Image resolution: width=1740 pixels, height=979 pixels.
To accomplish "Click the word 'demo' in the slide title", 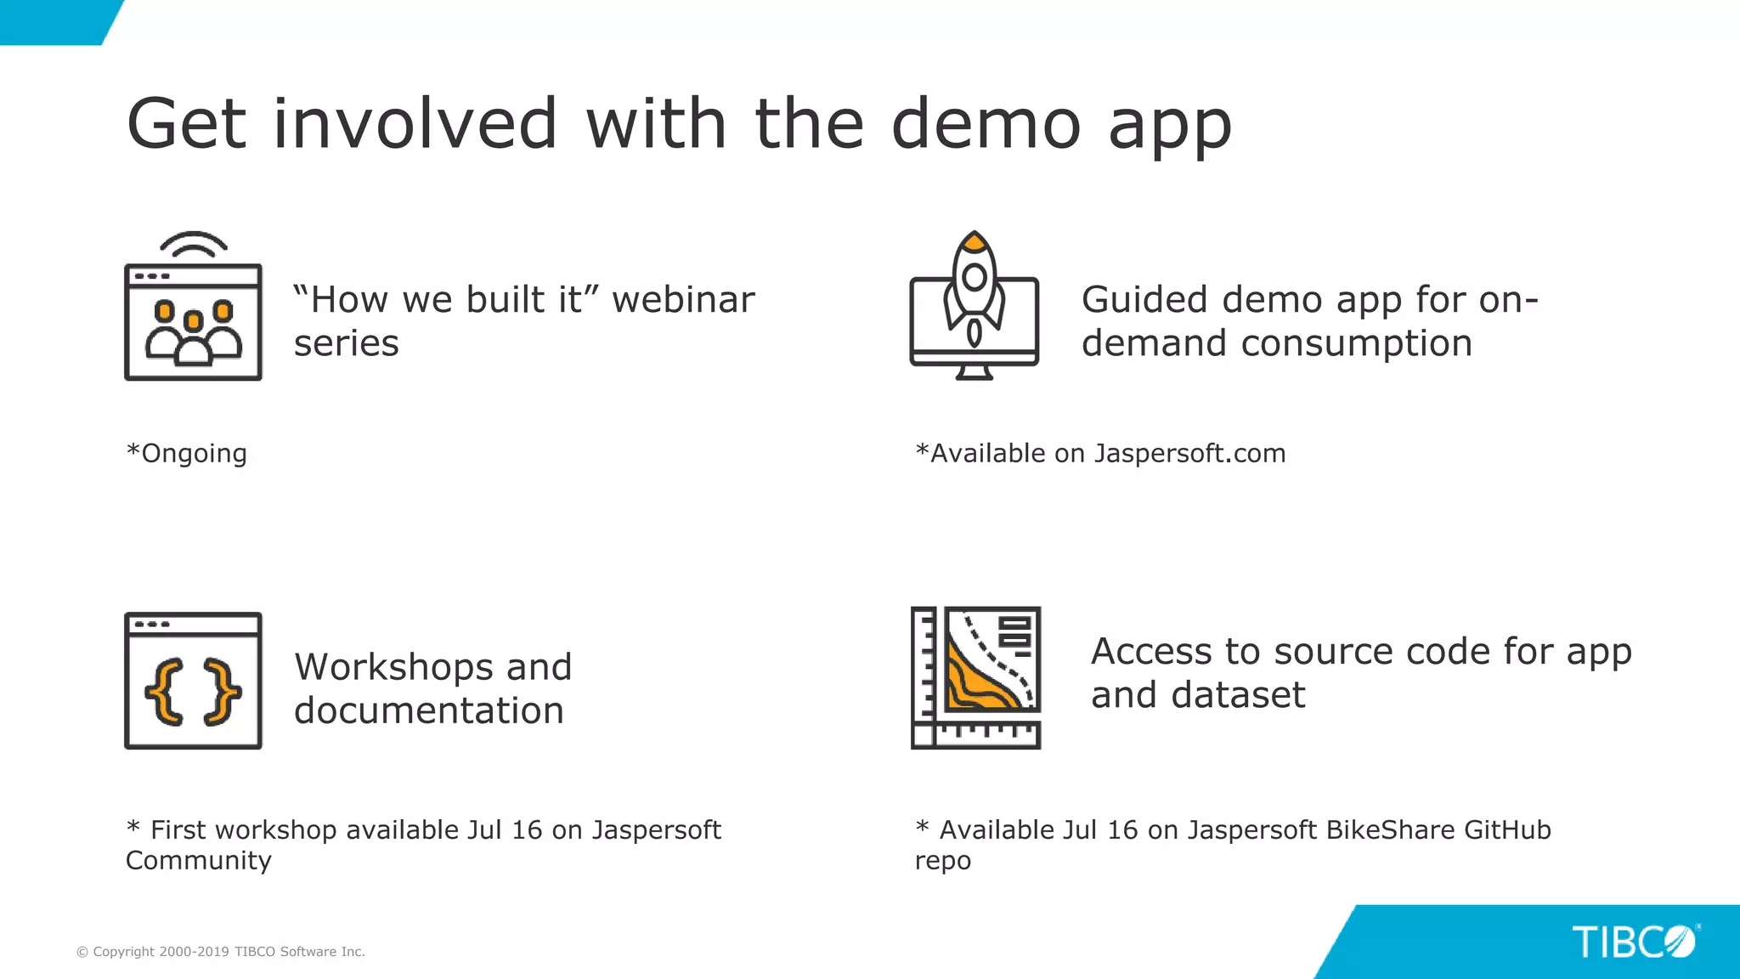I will pyautogui.click(x=986, y=124).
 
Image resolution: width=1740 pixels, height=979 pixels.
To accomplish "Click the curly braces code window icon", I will pyautogui.click(x=193, y=681).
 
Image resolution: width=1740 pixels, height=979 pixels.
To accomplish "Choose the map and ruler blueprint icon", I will pyautogui.click(x=975, y=677).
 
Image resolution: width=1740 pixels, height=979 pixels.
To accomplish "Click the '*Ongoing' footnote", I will pyautogui.click(x=187, y=454).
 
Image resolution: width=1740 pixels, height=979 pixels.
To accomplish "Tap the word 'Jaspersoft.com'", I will pyautogui.click(x=1189, y=454).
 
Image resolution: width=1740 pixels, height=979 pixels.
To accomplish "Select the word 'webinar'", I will pyautogui.click(x=683, y=300).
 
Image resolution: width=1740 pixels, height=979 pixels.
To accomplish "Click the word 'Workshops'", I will pyautogui.click(x=393, y=667).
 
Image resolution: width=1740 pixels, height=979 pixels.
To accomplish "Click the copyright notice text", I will pyautogui.click(x=221, y=952).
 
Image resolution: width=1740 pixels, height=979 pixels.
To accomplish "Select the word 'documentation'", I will pyautogui.click(x=429, y=710).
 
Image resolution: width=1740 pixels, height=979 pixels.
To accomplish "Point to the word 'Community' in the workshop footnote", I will pyautogui.click(x=199, y=861).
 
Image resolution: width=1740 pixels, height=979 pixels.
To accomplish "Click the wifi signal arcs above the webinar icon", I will pyautogui.click(x=194, y=243).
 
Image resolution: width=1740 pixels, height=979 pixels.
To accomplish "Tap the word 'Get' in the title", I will pyautogui.click(x=187, y=124).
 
